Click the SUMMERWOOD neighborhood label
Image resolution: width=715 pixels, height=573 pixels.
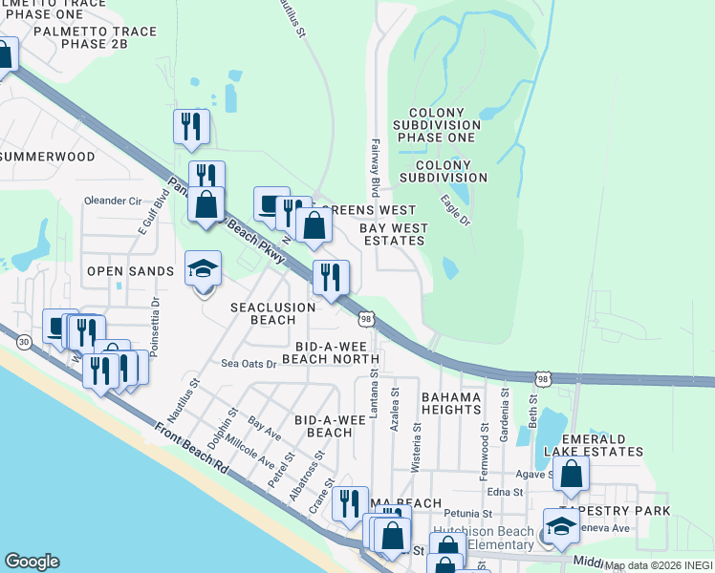click(48, 156)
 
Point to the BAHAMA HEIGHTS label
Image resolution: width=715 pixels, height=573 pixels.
click(451, 402)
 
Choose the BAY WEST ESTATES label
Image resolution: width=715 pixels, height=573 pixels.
click(394, 235)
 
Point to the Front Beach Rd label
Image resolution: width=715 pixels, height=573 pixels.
click(192, 455)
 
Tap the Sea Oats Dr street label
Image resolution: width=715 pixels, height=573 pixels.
click(249, 364)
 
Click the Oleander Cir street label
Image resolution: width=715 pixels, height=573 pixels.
click(113, 202)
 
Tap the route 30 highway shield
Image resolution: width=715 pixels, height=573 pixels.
click(23, 341)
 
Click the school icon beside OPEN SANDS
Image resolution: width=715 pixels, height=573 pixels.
click(203, 270)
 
